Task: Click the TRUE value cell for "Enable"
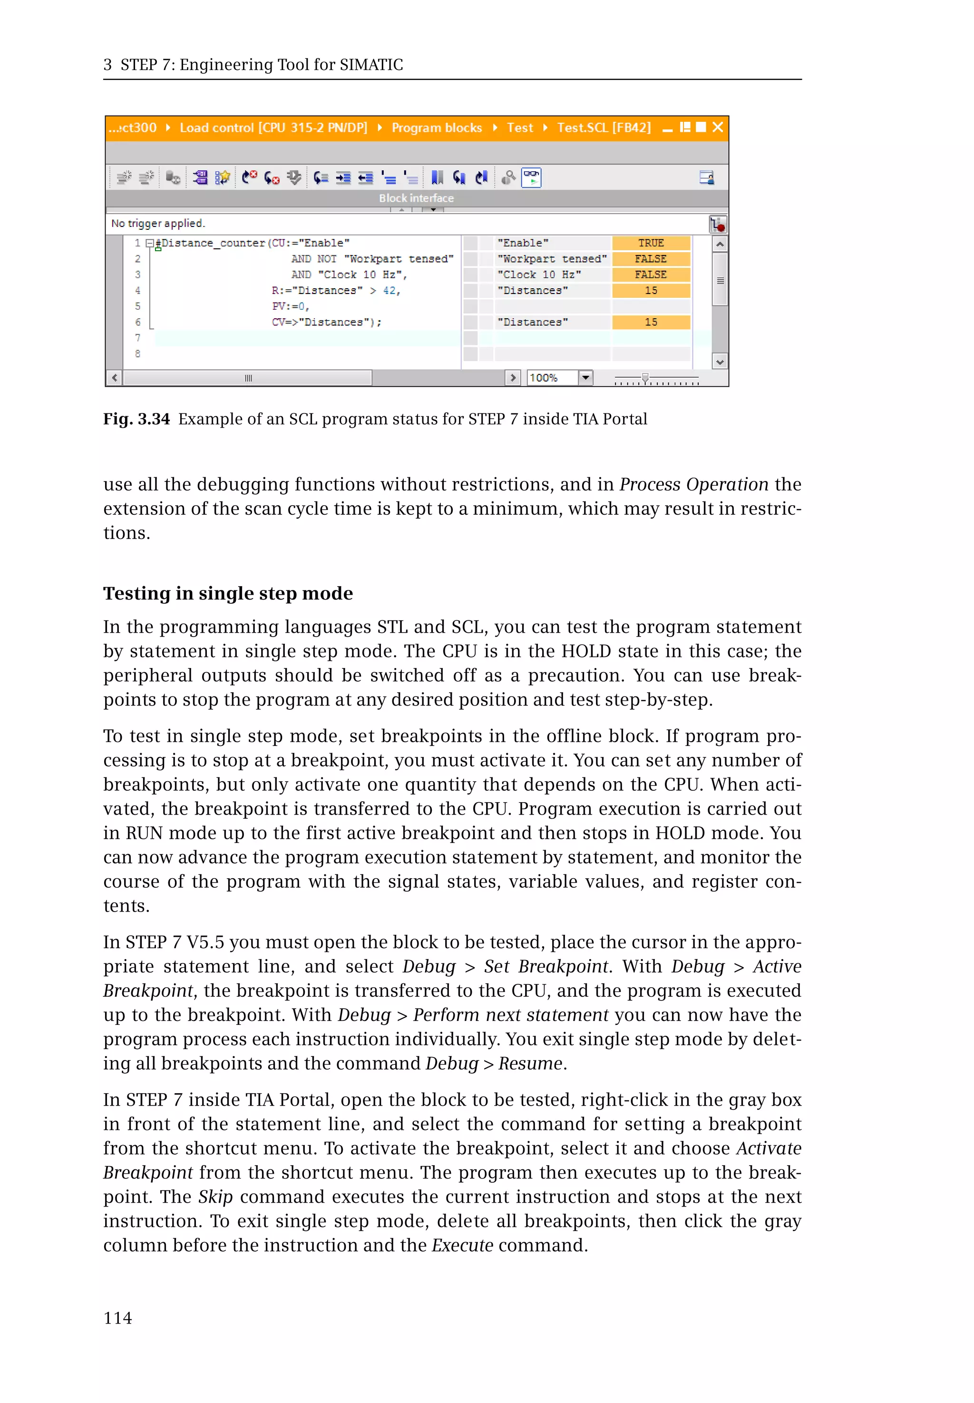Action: coord(651,243)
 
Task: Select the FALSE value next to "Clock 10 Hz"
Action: coord(651,275)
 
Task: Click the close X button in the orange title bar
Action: coord(718,127)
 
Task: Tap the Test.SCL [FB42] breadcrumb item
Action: coord(603,128)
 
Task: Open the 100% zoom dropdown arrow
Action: coord(585,377)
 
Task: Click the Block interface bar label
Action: coord(416,198)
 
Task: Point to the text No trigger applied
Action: coord(158,224)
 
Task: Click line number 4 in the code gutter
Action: coord(138,291)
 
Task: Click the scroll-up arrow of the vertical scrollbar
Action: coord(720,244)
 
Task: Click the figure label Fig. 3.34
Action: coord(136,419)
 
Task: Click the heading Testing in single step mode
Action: coord(228,593)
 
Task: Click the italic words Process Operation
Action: coord(693,484)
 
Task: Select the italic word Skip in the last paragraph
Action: coord(215,1197)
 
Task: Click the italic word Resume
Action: coord(530,1063)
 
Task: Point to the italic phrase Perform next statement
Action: coord(510,1015)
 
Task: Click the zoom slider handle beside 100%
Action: coord(645,378)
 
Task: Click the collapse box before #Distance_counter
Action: coord(149,243)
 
